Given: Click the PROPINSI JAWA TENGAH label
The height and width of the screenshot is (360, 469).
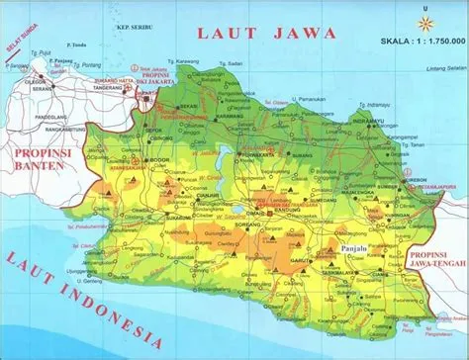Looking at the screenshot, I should (x=435, y=259).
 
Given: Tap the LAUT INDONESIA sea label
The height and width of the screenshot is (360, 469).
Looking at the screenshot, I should (x=84, y=286).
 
